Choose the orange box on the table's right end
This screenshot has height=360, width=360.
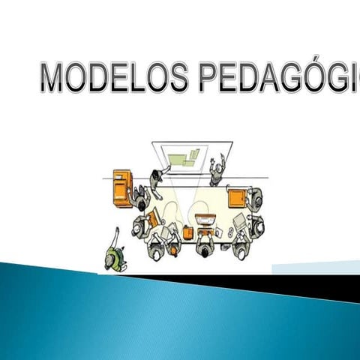point(238,198)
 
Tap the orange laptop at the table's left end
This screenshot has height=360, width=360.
point(153,219)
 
